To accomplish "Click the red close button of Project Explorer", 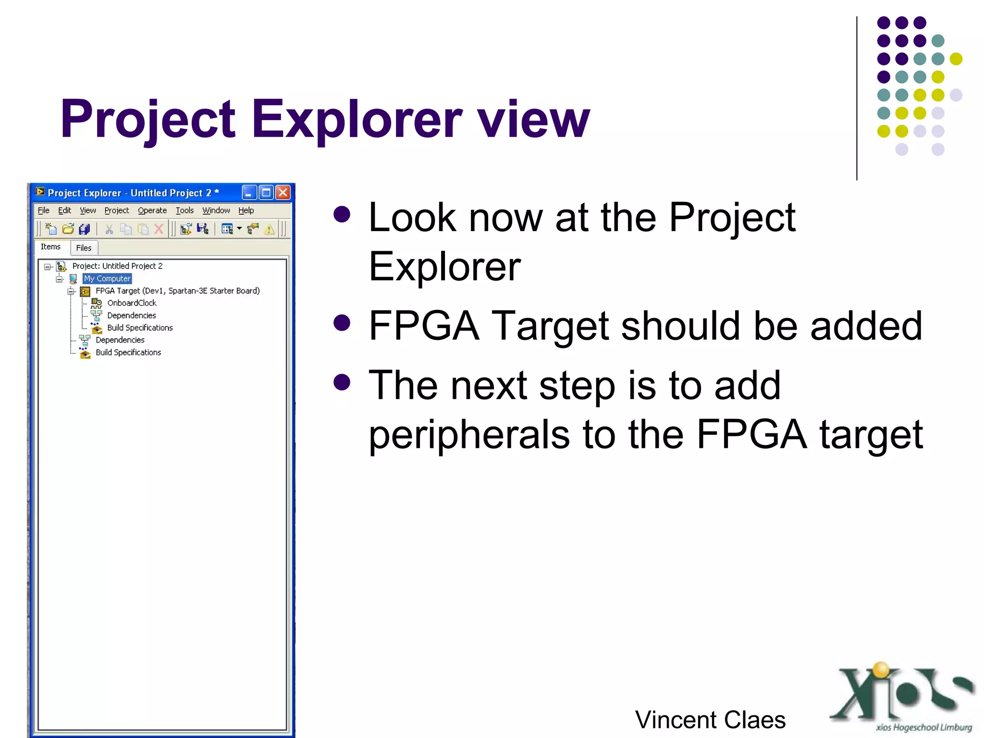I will point(283,193).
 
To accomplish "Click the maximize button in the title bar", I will point(266,193).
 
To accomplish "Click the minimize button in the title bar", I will point(248,193).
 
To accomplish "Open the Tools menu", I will point(184,210).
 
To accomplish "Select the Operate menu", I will point(152,210).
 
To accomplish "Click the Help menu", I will point(246,210).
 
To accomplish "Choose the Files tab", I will point(84,248).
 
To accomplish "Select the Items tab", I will point(50,247).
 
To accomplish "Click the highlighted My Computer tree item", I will point(107,279).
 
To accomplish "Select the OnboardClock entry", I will point(132,303).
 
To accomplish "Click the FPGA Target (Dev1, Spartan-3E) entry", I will point(177,291).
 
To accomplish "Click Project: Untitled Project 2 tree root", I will point(117,266).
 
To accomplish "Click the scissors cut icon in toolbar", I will point(109,229).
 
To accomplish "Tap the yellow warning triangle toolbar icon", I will point(269,229).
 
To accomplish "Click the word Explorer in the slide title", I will point(357,119).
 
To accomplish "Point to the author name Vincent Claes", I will point(710,720).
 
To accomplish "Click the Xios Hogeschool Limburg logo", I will point(902,697).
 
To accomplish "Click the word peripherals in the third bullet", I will point(469,434).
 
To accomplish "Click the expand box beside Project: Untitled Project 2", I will point(48,267).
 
